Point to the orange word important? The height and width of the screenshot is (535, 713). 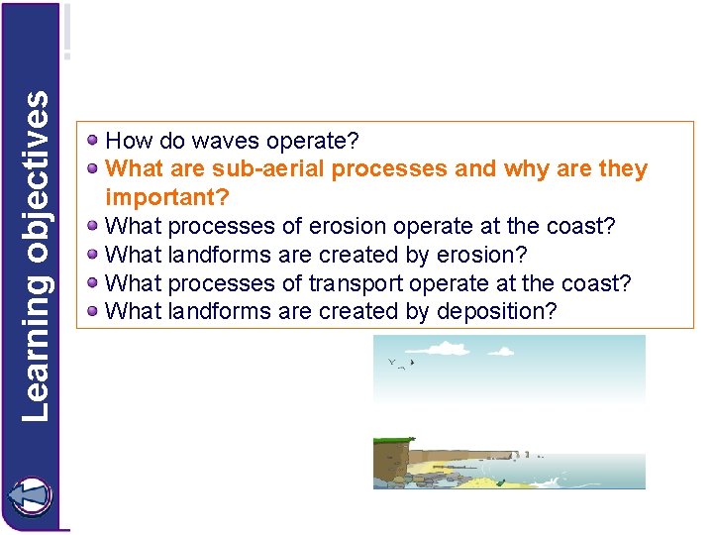(x=167, y=197)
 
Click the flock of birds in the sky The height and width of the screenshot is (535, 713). (x=401, y=365)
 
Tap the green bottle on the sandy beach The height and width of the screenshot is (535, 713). (x=501, y=482)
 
